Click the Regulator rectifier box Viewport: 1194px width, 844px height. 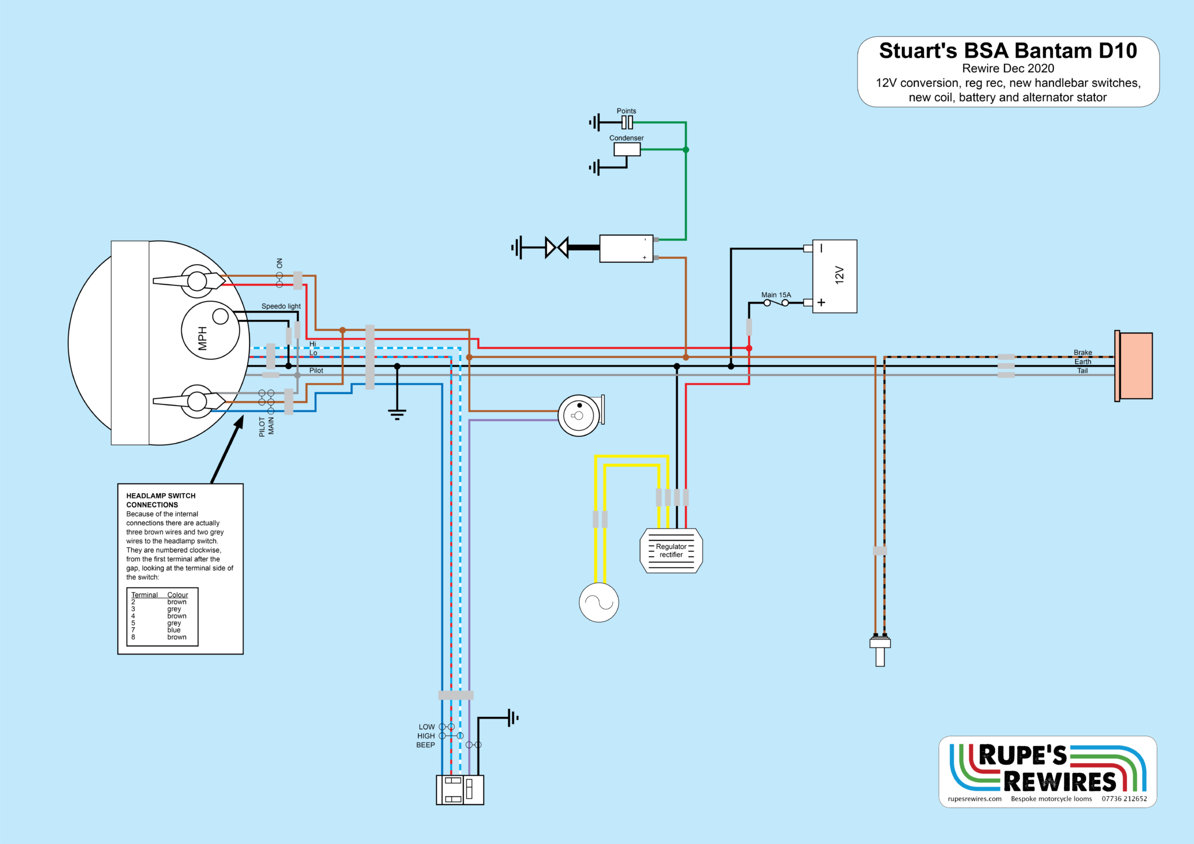[x=671, y=551]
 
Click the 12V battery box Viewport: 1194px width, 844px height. [x=834, y=276]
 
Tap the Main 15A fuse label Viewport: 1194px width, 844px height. [x=776, y=295]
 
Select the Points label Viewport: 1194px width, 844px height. [x=626, y=111]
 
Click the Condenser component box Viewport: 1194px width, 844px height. [x=627, y=149]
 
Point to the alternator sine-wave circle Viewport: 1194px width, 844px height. [x=599, y=602]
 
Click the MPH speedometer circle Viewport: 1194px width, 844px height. [x=210, y=330]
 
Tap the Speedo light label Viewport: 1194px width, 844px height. [x=281, y=306]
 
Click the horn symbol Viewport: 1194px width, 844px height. [x=579, y=416]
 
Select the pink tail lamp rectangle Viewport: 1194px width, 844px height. [x=1135, y=365]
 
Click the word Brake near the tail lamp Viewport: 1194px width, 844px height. [x=1083, y=353]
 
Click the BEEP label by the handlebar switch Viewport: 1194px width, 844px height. [x=426, y=745]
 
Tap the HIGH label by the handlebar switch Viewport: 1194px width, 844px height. [x=426, y=736]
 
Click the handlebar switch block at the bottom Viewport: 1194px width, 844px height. [x=460, y=790]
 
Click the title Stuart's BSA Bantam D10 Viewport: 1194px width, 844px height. [x=1008, y=51]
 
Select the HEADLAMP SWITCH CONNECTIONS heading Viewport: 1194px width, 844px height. [x=161, y=500]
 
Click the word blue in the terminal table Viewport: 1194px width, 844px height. [x=174, y=630]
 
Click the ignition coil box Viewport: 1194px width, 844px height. [x=626, y=248]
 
